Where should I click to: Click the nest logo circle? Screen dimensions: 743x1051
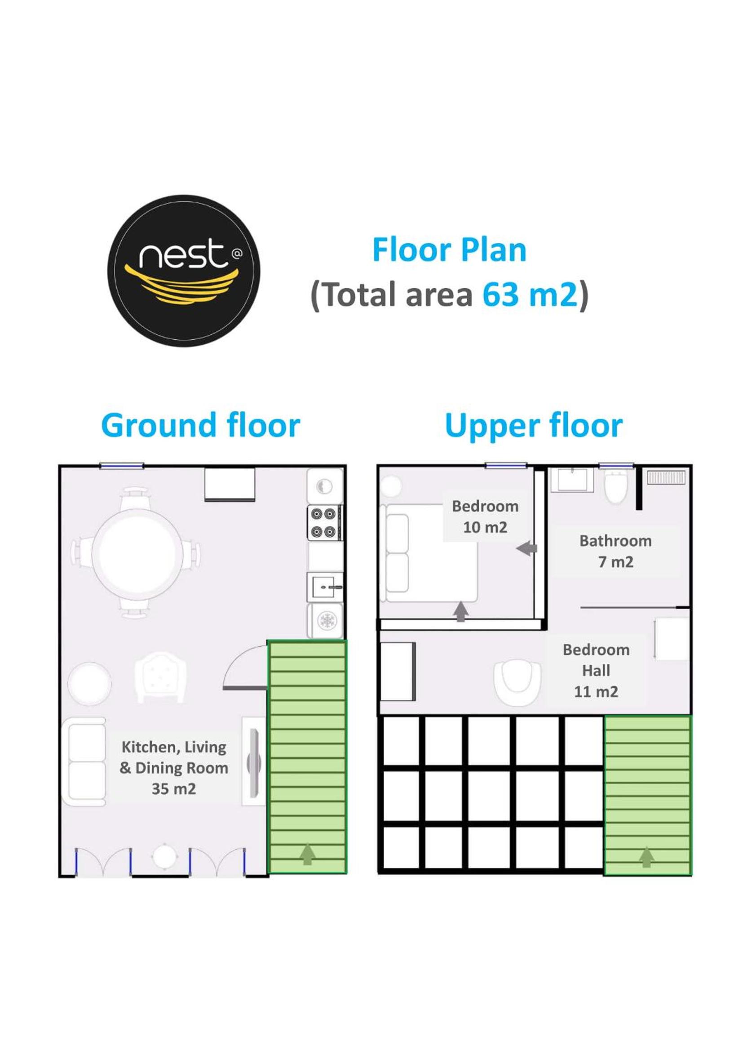184,271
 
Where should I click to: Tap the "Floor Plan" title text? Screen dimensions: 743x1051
449,250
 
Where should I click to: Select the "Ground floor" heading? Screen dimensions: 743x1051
200,426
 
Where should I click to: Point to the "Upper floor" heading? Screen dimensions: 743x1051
534,426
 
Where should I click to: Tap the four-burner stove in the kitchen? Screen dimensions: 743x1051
324,523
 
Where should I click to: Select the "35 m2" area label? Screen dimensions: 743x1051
174,789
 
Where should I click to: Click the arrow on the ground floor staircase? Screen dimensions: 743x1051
308,855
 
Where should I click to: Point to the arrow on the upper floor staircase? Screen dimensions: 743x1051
646,857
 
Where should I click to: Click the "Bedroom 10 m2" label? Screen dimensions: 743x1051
485,517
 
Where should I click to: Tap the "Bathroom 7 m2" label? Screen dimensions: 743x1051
615,551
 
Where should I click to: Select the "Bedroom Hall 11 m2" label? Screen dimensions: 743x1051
596,671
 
